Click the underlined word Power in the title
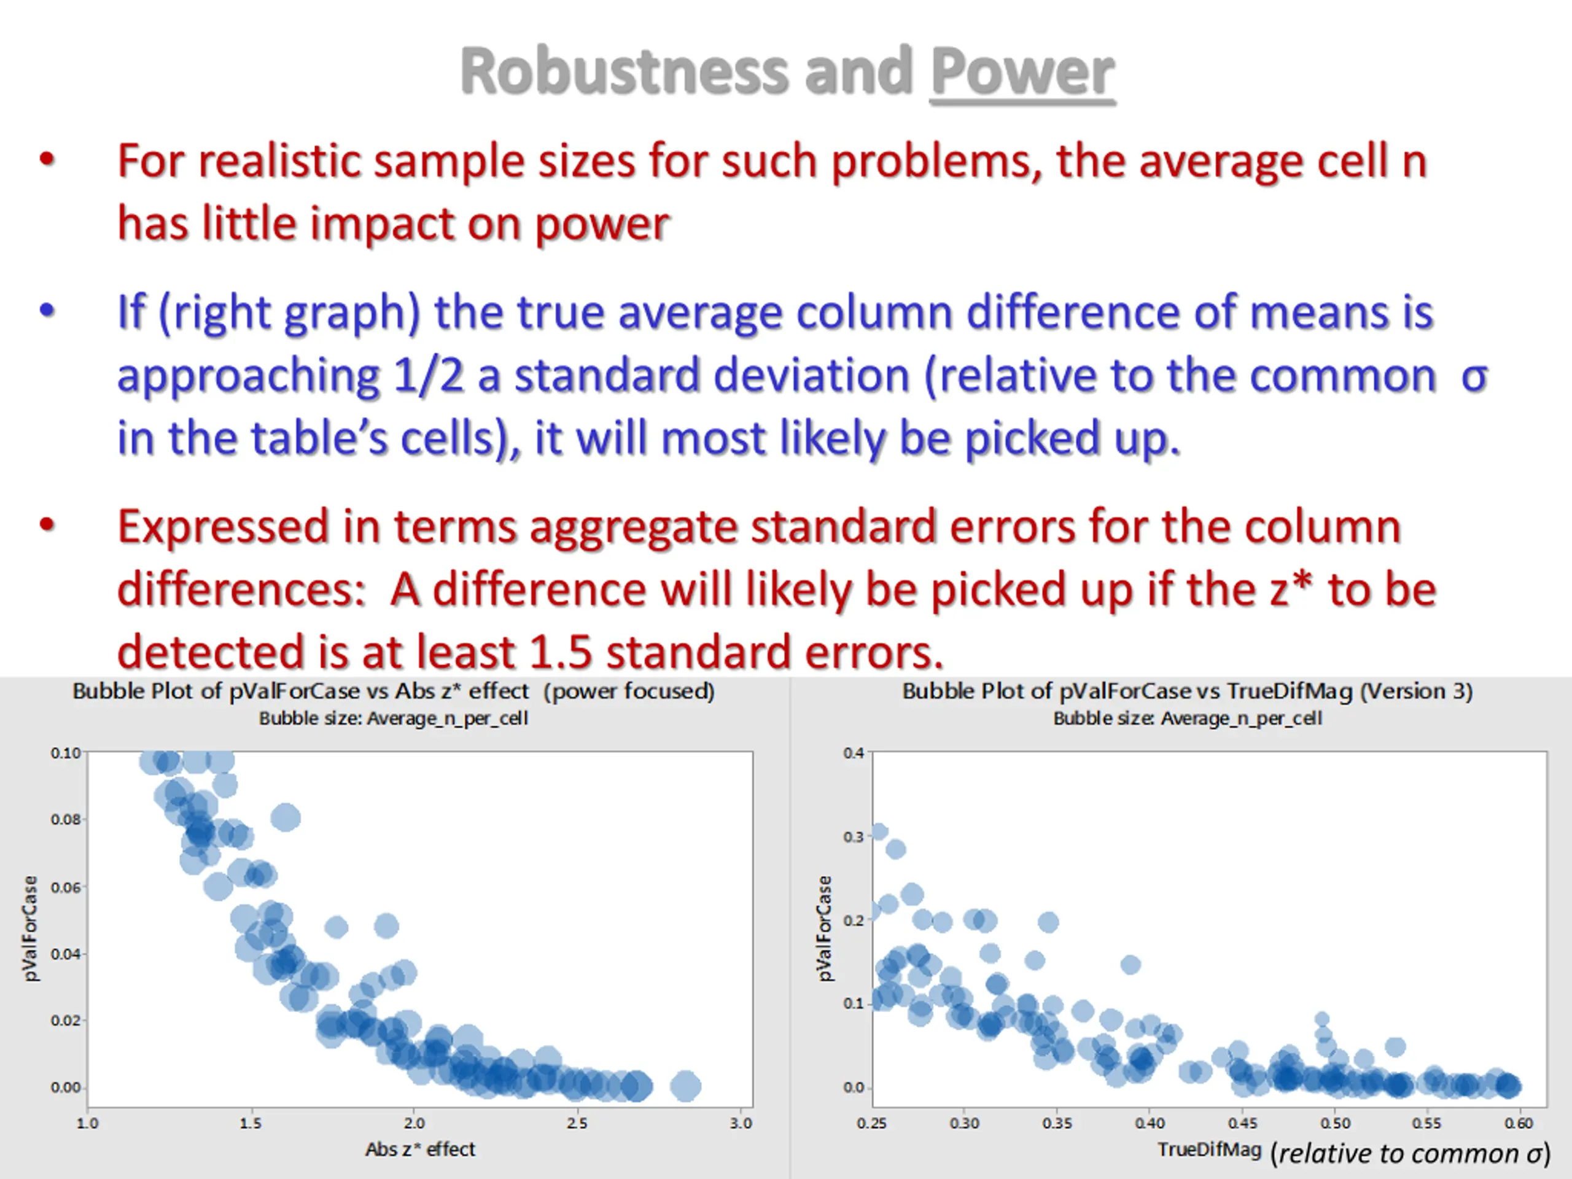click(1022, 72)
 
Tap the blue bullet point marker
click(47, 311)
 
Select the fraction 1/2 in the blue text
click(428, 375)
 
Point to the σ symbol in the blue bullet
click(1474, 376)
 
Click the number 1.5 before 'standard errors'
click(560, 652)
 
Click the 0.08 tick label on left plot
click(65, 819)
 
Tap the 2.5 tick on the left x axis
click(577, 1123)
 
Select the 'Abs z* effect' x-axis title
click(420, 1149)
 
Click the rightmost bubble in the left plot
click(686, 1086)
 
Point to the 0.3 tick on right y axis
click(854, 836)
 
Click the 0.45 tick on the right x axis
click(1242, 1123)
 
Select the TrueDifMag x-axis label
click(1209, 1149)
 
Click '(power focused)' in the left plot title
click(629, 691)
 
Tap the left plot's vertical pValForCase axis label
click(30, 928)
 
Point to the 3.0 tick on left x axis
click(741, 1123)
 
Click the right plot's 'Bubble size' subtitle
click(1187, 718)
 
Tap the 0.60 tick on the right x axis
click(1519, 1123)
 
